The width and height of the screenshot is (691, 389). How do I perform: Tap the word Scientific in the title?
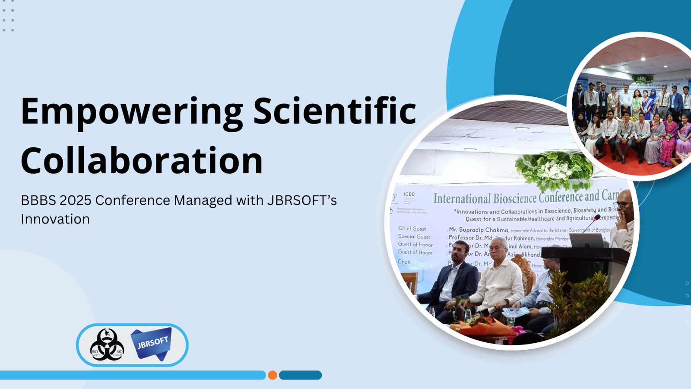334,111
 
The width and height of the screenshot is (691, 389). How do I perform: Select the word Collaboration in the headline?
142,160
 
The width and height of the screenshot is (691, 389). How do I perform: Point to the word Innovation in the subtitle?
55,219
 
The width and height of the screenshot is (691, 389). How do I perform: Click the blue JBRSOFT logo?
152,344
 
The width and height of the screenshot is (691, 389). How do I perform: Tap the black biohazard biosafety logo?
107,345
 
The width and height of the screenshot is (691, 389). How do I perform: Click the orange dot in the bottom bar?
273,375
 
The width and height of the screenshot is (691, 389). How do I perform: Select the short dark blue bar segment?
300,375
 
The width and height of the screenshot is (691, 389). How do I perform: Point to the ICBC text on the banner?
409,194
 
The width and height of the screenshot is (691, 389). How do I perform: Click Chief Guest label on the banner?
412,229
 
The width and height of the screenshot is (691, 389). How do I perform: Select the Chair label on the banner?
404,262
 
